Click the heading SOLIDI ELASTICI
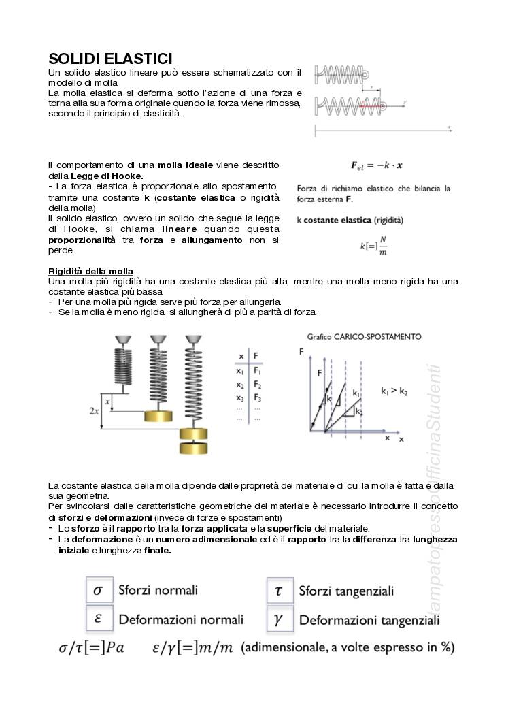tap(110, 59)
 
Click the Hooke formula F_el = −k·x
tap(376, 165)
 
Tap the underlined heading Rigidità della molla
tap(90, 272)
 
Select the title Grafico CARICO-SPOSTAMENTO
tap(364, 336)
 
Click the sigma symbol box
tap(97, 590)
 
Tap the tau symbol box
tap(278, 591)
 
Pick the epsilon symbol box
tap(97, 619)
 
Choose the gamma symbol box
tap(278, 619)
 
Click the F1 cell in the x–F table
tap(258, 371)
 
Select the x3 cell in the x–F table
tap(240, 397)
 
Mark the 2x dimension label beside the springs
tap(95, 411)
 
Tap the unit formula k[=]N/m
tap(373, 246)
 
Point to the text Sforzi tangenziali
tap(346, 591)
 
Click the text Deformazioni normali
tap(181, 619)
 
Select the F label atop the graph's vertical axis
tap(301, 351)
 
